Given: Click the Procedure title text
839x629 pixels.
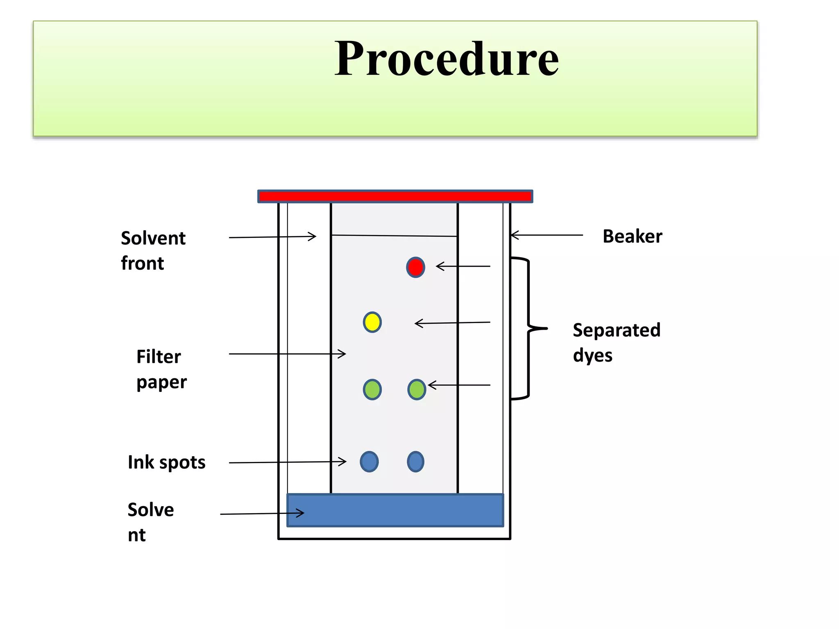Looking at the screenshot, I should pos(446,59).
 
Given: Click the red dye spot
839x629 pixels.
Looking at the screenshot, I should pos(415,267).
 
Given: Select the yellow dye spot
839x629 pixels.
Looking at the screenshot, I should pos(372,322).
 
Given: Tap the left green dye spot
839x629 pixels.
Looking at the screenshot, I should pos(372,389).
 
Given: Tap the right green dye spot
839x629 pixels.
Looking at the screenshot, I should pos(417,389).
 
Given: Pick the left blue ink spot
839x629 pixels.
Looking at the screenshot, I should pos(369,462).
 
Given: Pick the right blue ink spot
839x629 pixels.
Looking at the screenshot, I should pos(415,462).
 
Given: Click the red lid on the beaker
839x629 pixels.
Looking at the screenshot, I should pos(395,197).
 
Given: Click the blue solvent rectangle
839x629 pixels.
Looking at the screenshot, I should pos(395,510).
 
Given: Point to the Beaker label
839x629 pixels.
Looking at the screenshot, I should pos(632,237).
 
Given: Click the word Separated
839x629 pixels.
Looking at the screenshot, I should pos(616,330).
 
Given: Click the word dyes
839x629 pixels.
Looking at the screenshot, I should pos(592,355).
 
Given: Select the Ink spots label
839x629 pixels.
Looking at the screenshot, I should pos(166,462).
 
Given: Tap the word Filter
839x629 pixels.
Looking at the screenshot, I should pos(159,357).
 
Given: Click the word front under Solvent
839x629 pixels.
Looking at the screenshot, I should pos(142,263).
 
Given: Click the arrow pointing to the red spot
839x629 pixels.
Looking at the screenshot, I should pos(463,267).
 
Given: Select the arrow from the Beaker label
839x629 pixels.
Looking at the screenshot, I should pos(546,235).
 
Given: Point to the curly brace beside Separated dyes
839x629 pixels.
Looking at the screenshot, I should pos(528,328).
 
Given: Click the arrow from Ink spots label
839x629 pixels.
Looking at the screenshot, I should pos(287,462).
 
